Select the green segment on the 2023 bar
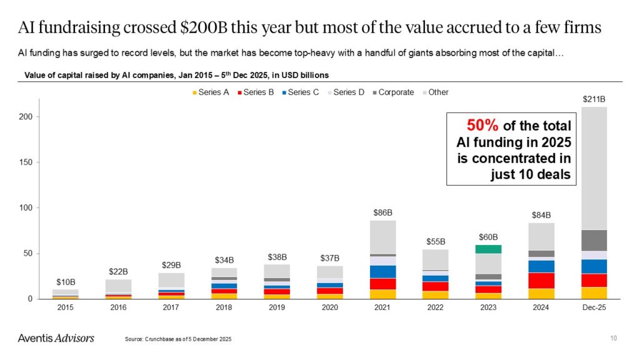pyautogui.click(x=489, y=249)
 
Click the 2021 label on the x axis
pyautogui.click(x=382, y=307)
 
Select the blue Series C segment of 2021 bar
pyautogui.click(x=382, y=271)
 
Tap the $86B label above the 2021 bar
pyautogui.click(x=382, y=212)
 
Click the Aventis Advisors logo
pyautogui.click(x=56, y=338)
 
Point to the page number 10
pyautogui.click(x=613, y=338)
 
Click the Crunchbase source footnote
pyautogui.click(x=178, y=339)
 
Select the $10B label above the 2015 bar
pyautogui.click(x=65, y=281)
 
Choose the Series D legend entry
pyautogui.click(x=347, y=92)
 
